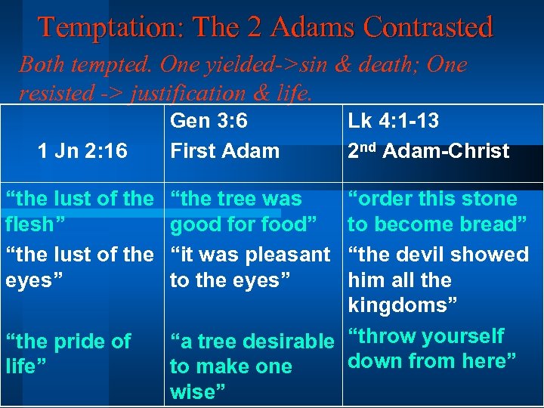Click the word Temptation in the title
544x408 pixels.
107,27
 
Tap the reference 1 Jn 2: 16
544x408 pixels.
82,151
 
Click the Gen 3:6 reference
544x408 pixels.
209,121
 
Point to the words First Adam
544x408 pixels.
224,150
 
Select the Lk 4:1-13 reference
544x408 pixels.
393,121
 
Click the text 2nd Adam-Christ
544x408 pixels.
428,150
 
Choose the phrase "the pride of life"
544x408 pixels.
68,354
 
